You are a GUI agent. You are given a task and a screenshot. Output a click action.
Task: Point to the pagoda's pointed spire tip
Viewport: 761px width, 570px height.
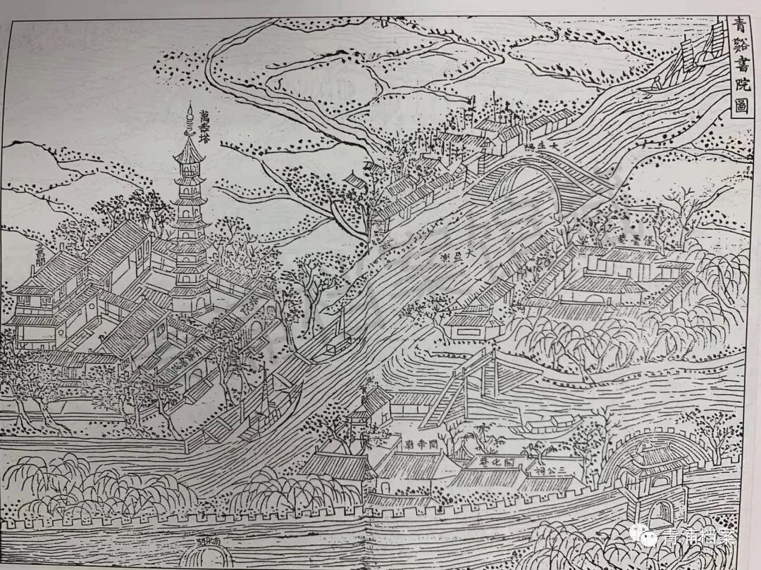click(x=189, y=107)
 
